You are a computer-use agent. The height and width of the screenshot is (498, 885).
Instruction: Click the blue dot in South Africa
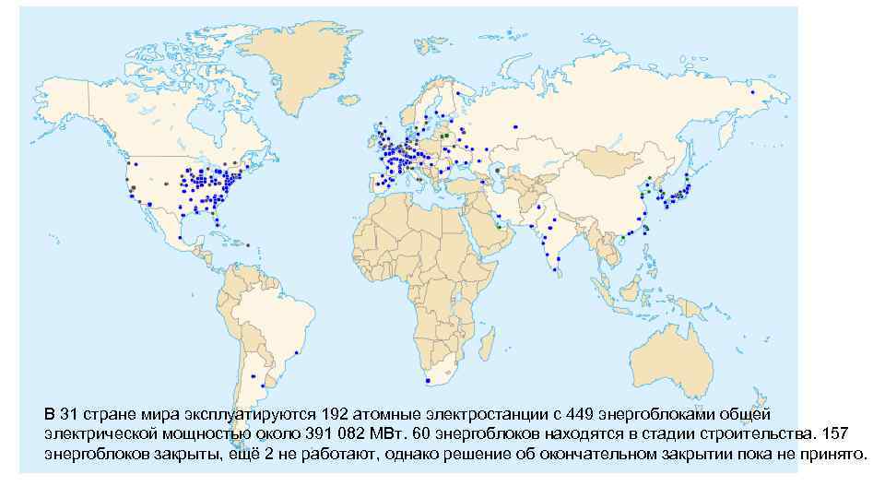point(428,380)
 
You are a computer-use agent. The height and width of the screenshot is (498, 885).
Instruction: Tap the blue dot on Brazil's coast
point(296,353)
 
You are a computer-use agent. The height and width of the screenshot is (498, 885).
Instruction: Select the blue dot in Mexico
point(195,243)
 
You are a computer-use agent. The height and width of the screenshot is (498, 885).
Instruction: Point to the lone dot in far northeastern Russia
point(753,92)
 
